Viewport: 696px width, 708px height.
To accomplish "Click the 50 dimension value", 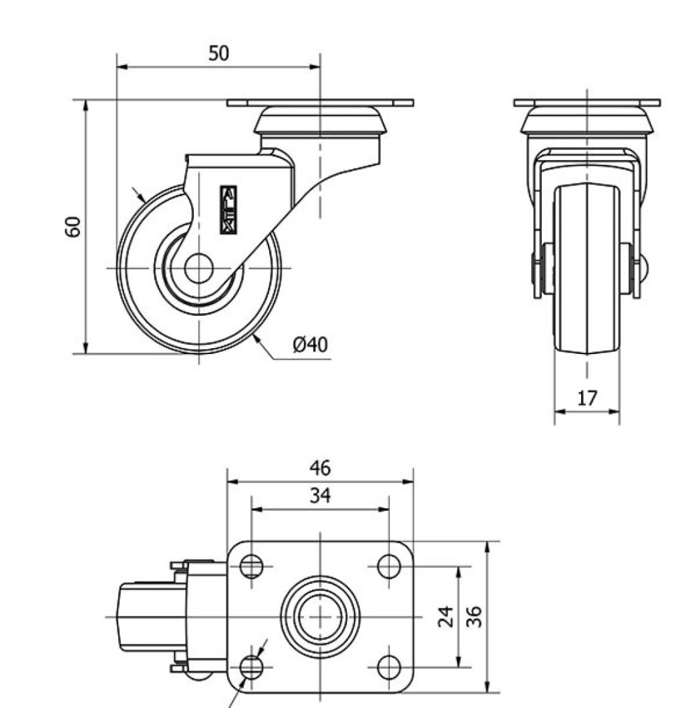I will pyautogui.click(x=218, y=53).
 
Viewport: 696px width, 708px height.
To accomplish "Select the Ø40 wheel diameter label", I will pyautogui.click(x=310, y=345).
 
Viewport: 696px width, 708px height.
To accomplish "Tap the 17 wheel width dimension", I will pyautogui.click(x=586, y=399).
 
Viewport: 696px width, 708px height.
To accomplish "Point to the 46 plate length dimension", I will pyautogui.click(x=320, y=468).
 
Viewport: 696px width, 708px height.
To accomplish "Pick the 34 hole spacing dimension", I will pyautogui.click(x=320, y=496).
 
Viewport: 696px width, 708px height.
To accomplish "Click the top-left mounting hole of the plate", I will pyautogui.click(x=251, y=566).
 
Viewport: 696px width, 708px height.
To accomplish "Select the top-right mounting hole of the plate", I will pyautogui.click(x=389, y=566).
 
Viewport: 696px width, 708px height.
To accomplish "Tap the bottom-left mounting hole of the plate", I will pyautogui.click(x=251, y=665).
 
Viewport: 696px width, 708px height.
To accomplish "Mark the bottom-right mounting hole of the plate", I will pyautogui.click(x=389, y=665).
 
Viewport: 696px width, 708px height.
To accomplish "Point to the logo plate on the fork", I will pyautogui.click(x=228, y=210).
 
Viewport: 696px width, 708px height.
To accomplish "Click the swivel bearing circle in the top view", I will pyautogui.click(x=321, y=616).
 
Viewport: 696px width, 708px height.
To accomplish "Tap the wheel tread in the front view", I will pyautogui.click(x=586, y=267).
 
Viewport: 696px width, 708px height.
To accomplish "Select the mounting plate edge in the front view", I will pyautogui.click(x=586, y=103).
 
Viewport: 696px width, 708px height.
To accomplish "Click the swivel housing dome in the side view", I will pyautogui.click(x=321, y=121).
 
